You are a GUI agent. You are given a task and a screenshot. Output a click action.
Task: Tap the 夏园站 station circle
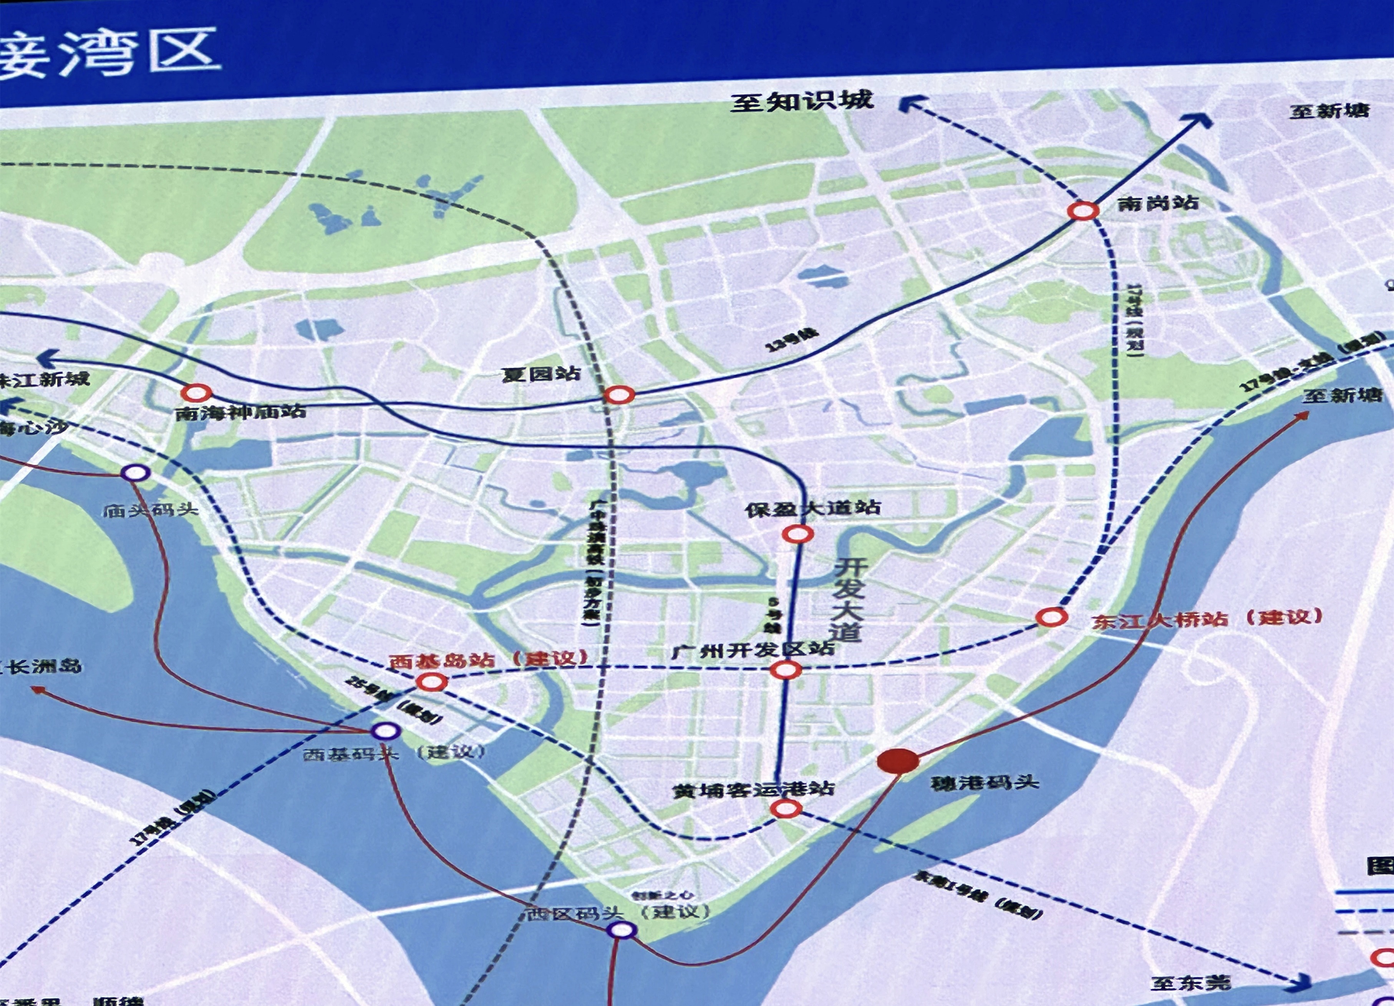pyautogui.click(x=618, y=394)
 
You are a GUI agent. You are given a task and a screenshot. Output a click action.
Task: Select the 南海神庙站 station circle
pyautogui.click(x=196, y=392)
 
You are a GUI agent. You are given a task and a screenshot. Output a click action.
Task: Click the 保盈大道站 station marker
pyautogui.click(x=797, y=534)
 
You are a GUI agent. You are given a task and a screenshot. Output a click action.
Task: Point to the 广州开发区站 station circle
pyautogui.click(x=786, y=670)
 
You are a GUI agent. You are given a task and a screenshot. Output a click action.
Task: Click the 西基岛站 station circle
pyautogui.click(x=431, y=681)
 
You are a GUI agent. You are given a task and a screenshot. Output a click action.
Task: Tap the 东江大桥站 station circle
pyautogui.click(x=1051, y=616)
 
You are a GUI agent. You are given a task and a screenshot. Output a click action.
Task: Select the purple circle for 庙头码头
pyautogui.click(x=134, y=472)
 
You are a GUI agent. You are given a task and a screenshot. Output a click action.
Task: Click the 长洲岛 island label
pyautogui.click(x=43, y=666)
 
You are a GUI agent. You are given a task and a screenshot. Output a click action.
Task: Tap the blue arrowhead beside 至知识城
pyautogui.click(x=911, y=106)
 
